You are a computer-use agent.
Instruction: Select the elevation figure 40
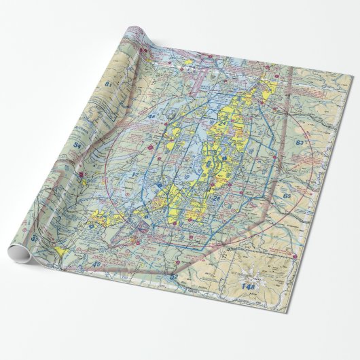pos(96,264)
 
